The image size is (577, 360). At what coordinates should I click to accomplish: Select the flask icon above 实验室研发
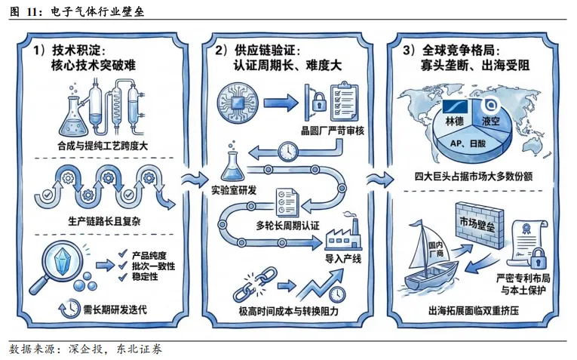tap(234, 164)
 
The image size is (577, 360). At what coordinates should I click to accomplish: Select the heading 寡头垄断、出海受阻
tap(475, 66)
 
